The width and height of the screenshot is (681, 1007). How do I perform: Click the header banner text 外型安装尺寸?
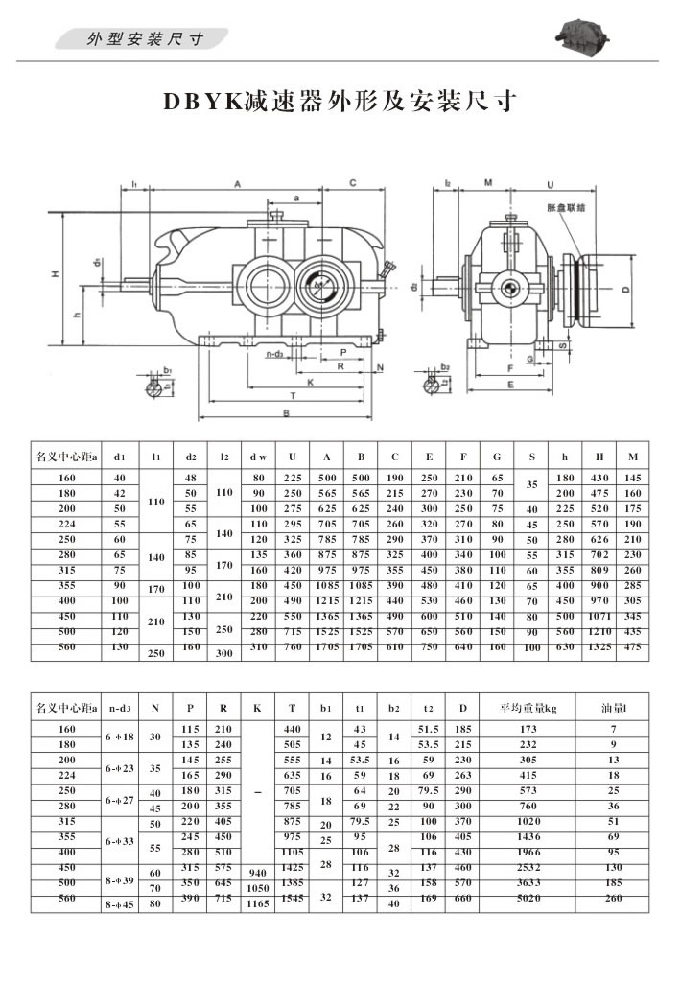(145, 38)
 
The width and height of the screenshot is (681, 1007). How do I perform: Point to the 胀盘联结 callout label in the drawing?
(566, 206)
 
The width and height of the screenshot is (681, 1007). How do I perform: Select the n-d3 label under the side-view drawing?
(279, 354)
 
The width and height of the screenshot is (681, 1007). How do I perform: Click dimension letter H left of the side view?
(56, 274)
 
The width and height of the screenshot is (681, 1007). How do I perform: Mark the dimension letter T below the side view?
(291, 396)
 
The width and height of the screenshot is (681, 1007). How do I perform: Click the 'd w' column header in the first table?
(257, 457)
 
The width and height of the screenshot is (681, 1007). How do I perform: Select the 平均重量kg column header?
(528, 709)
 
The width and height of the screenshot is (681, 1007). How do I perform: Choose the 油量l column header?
(613, 709)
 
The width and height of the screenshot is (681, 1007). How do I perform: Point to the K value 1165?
(256, 904)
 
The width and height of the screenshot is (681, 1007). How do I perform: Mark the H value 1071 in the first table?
(600, 615)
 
